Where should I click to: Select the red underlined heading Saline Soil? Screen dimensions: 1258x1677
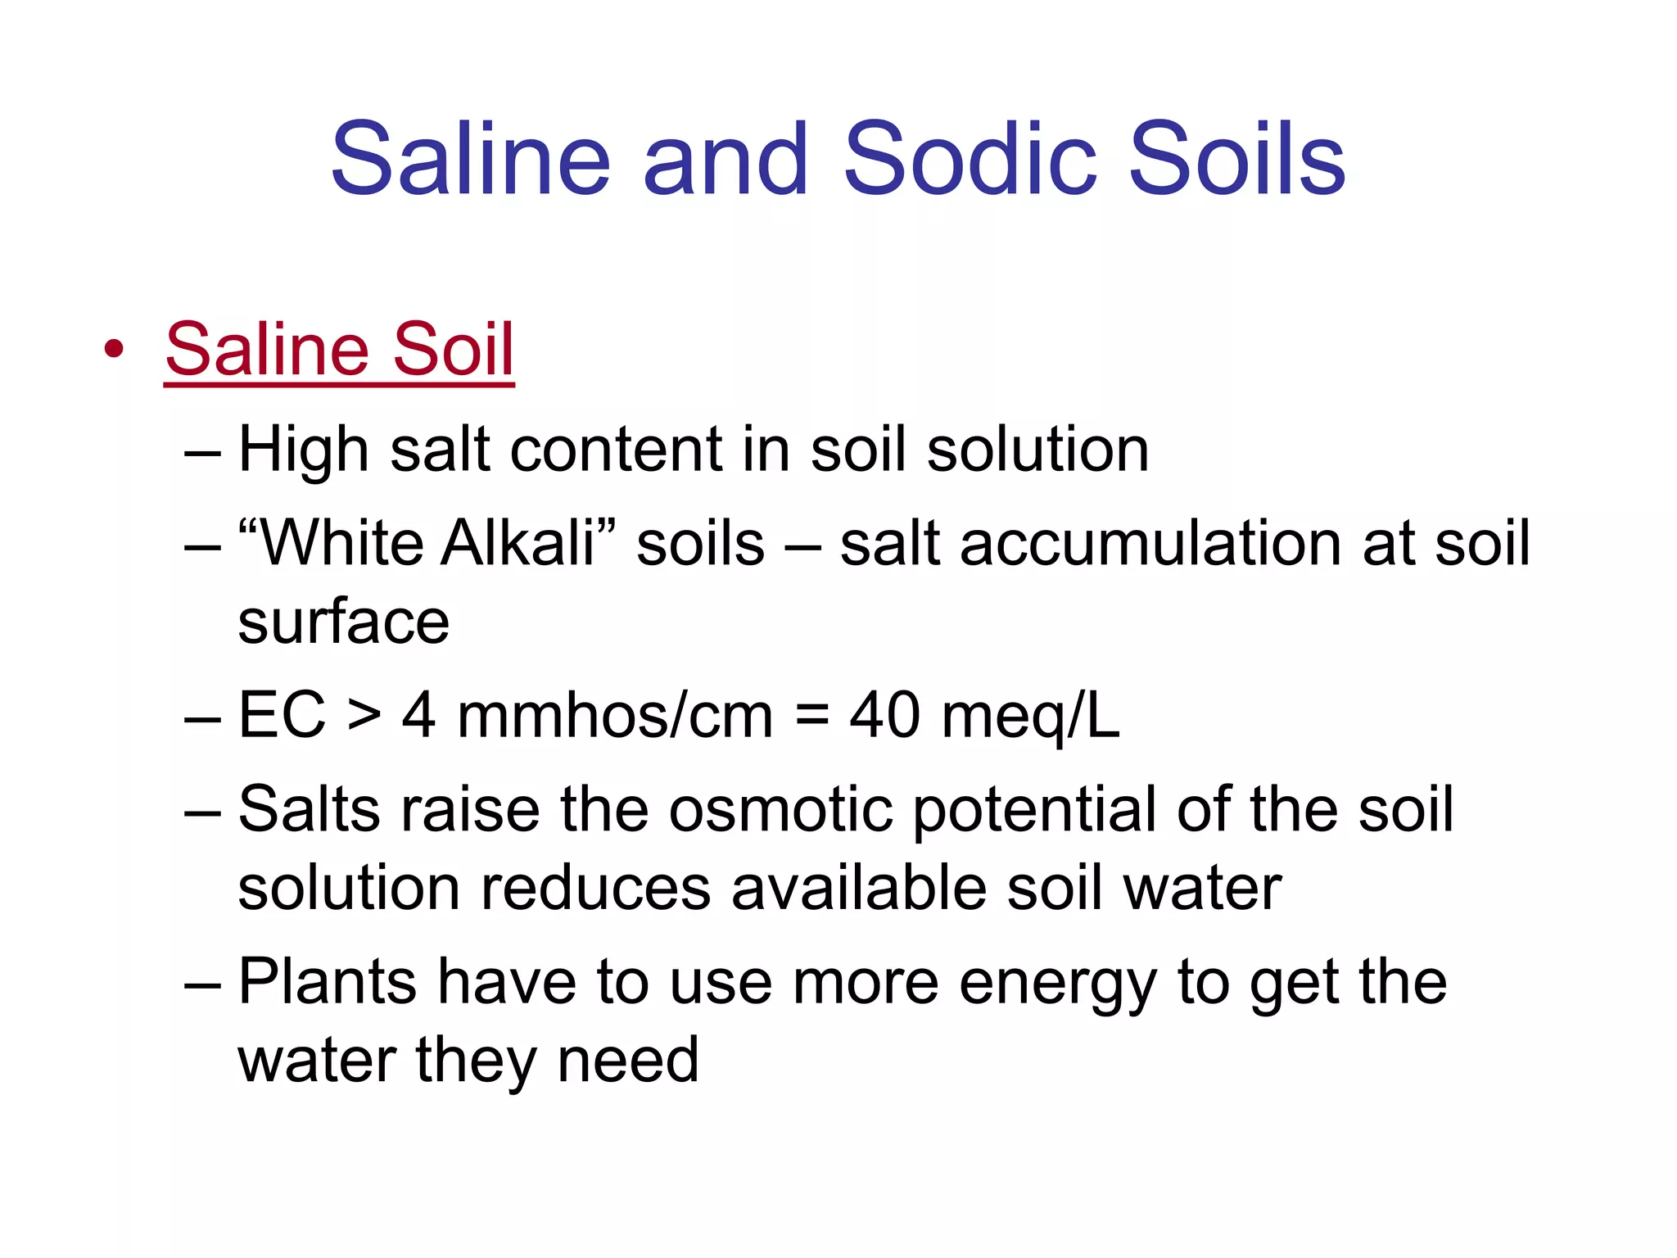pyautogui.click(x=339, y=350)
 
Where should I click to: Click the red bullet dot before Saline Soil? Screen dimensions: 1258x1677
pyautogui.click(x=114, y=350)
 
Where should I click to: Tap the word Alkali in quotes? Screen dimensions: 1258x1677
pyautogui.click(x=518, y=544)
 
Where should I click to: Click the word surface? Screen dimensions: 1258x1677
pyautogui.click(x=343, y=622)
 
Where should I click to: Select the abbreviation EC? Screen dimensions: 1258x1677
pyautogui.click(x=282, y=715)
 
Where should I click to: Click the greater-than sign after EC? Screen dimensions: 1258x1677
pyautogui.click(x=364, y=715)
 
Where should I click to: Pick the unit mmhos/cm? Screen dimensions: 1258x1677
pyautogui.click(x=614, y=715)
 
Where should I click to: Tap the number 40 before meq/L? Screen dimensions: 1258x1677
pyautogui.click(x=884, y=715)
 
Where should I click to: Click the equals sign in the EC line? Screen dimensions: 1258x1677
pyautogui.click(x=811, y=715)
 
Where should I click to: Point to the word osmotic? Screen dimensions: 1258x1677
pyautogui.click(x=780, y=809)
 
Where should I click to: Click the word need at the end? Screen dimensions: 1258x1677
pyautogui.click(x=627, y=1060)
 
